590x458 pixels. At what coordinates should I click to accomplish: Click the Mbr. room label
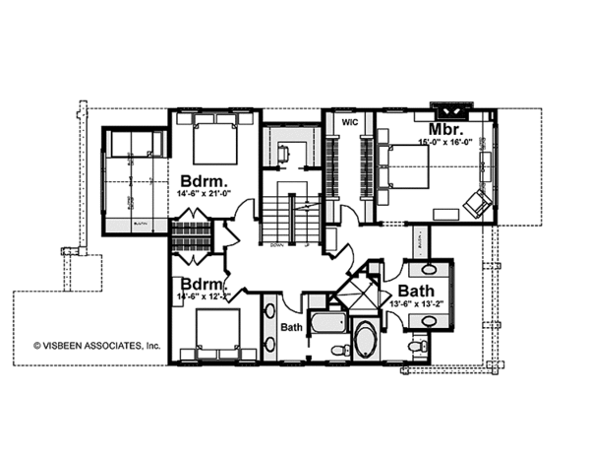pos(439,129)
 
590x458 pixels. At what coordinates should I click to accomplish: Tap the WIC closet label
pos(348,123)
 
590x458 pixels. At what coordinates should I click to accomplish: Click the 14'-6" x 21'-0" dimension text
pos(205,194)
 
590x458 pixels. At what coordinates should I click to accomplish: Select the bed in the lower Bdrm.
pos(215,335)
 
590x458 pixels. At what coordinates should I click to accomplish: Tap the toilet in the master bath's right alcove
pos(419,344)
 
